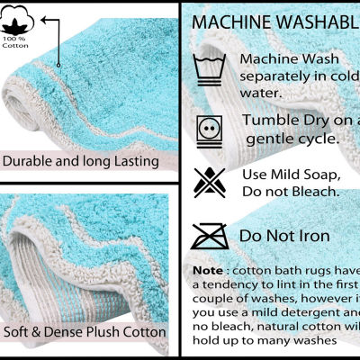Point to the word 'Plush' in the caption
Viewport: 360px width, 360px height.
[97, 331]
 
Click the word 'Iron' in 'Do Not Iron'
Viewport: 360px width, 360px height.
[312, 236]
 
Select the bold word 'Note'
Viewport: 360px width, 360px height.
[209, 270]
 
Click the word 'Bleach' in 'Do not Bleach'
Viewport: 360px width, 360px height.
[312, 191]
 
